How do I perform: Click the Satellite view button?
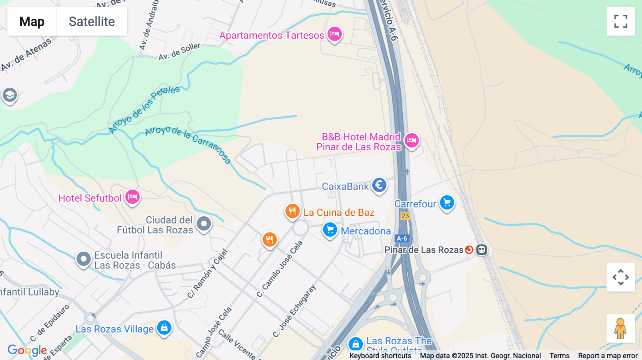tap(92, 21)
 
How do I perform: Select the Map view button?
tap(32, 21)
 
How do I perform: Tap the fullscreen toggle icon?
tap(621, 21)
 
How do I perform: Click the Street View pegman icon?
tap(620, 329)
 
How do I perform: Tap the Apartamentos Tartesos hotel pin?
tap(335, 34)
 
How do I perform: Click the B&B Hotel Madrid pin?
tap(412, 140)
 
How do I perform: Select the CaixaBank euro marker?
tap(379, 185)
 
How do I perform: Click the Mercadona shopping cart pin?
tap(330, 230)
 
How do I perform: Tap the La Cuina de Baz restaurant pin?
tap(292, 211)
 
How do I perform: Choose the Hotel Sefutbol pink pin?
tap(132, 197)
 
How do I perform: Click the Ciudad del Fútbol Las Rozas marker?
tap(204, 224)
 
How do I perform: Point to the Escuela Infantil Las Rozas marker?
tap(83, 259)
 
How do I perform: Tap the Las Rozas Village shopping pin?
tap(164, 327)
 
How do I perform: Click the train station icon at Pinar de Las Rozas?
tap(481, 250)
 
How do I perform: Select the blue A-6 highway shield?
tap(402, 238)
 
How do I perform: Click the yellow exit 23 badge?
tap(405, 216)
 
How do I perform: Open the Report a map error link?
tap(608, 356)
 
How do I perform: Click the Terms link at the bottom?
tap(559, 356)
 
